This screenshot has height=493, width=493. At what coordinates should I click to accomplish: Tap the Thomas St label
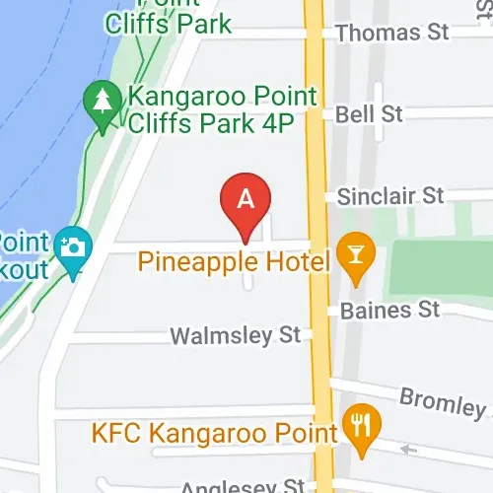[x=391, y=34]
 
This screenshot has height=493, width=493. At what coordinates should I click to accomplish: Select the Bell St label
[x=369, y=114]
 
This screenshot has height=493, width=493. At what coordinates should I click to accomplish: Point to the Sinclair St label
[x=390, y=196]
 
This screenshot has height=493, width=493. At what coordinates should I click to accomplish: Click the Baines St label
[x=389, y=310]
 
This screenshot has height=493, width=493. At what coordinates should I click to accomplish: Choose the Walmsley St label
[x=235, y=335]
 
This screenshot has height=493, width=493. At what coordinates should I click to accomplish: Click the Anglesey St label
[x=243, y=485]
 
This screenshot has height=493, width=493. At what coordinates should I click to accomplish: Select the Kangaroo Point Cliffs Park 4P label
[x=221, y=109]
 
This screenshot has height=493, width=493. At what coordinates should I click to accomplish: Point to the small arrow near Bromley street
[x=408, y=451]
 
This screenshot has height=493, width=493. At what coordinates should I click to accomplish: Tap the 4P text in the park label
[x=299, y=122]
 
